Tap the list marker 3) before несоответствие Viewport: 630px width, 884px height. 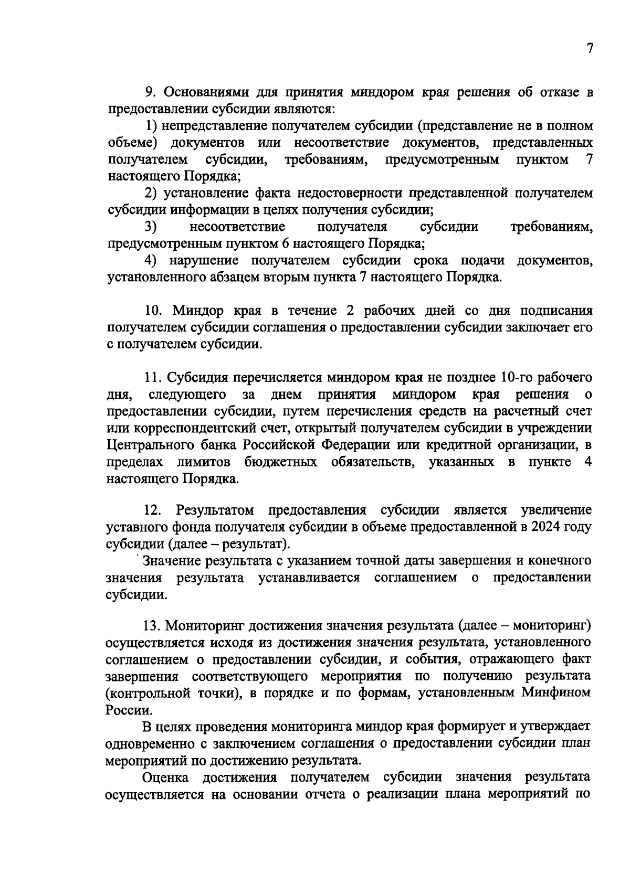tap(152, 227)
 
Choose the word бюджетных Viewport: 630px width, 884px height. tap(280, 462)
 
